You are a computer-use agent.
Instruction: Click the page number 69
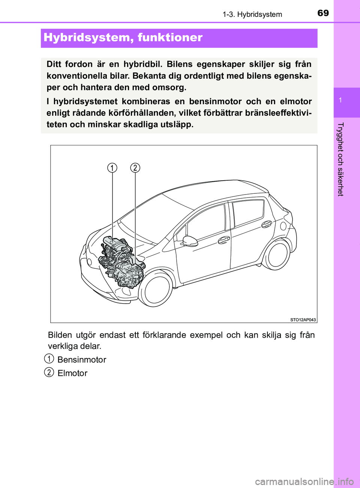(x=323, y=13)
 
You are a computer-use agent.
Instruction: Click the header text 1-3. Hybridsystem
(x=252, y=15)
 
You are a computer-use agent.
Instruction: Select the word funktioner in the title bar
(x=170, y=37)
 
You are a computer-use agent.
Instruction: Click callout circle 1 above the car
(x=112, y=168)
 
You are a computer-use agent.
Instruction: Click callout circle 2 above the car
(x=135, y=168)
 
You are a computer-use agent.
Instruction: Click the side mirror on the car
(x=190, y=241)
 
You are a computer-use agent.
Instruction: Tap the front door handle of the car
(x=224, y=240)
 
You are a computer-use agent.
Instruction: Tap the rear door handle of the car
(x=267, y=224)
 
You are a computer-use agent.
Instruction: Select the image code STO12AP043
(x=303, y=320)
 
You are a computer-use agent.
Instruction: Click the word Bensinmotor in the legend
(x=82, y=360)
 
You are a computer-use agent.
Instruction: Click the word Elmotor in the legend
(x=72, y=373)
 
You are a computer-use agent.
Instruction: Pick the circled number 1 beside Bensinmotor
(x=49, y=359)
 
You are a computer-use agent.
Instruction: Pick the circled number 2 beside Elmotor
(x=49, y=372)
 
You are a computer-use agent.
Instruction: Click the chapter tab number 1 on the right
(x=340, y=100)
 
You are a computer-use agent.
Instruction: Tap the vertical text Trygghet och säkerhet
(x=340, y=159)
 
